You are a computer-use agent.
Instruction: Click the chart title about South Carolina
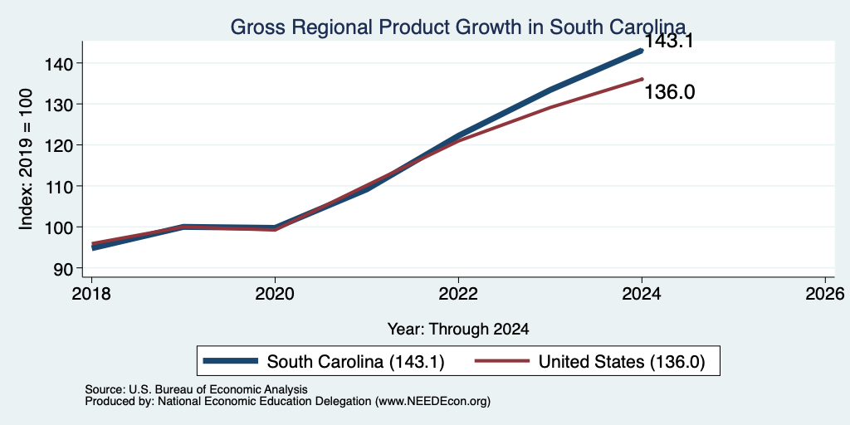pyautogui.click(x=458, y=27)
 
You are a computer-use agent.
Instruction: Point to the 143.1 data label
pyautogui.click(x=669, y=42)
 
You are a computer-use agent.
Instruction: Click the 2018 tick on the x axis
pyautogui.click(x=91, y=294)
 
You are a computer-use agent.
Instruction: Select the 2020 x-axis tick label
pyautogui.click(x=275, y=294)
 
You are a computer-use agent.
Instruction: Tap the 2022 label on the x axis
pyautogui.click(x=458, y=294)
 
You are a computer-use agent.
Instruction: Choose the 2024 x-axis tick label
pyautogui.click(x=642, y=294)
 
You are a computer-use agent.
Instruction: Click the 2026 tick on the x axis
pyautogui.click(x=825, y=294)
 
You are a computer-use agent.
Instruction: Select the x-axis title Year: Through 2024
pyautogui.click(x=458, y=329)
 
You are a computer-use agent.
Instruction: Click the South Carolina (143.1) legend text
pyautogui.click(x=356, y=362)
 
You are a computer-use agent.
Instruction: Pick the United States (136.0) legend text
pyautogui.click(x=621, y=362)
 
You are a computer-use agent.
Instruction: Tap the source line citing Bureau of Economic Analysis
pyautogui.click(x=196, y=389)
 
